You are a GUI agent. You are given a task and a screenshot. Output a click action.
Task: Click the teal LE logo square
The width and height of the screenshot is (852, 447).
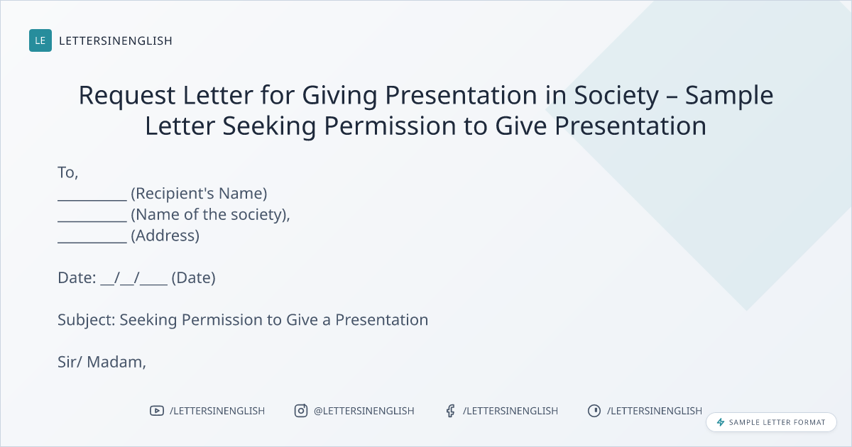coord(40,40)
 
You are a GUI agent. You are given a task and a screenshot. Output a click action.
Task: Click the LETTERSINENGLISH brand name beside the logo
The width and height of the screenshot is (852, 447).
coord(116,40)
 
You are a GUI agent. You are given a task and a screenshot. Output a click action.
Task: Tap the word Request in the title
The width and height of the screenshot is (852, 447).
coord(127,96)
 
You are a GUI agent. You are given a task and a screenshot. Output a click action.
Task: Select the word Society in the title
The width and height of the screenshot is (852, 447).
coord(616,96)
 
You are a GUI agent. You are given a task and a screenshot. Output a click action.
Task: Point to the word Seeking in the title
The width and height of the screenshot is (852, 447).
coord(269,126)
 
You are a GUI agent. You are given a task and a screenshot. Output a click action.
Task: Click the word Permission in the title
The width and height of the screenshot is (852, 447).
coord(390,126)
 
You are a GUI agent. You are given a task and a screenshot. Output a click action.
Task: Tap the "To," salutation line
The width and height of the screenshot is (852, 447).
coord(68,173)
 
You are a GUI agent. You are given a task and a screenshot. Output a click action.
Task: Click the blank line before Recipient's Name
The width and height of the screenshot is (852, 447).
coord(92,200)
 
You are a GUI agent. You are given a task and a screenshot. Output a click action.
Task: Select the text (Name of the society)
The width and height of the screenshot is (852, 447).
coord(209,215)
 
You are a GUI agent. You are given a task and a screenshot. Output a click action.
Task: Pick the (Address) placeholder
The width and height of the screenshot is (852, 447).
coord(165,236)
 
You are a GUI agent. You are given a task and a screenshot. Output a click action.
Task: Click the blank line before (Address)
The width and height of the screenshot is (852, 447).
coord(92,242)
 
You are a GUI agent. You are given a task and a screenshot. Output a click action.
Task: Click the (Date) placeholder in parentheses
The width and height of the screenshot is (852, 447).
coord(194,278)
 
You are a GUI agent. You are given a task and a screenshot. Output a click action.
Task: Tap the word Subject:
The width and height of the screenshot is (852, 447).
coord(87,320)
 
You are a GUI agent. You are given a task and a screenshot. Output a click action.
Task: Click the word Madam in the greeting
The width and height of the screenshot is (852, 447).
coord(116,363)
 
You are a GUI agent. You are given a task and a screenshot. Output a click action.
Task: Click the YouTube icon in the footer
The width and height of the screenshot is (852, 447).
coord(157,411)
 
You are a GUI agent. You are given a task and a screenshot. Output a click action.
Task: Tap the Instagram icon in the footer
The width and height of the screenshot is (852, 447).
coord(301,411)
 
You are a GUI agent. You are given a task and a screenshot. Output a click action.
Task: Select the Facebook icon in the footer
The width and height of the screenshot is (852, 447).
coord(451,411)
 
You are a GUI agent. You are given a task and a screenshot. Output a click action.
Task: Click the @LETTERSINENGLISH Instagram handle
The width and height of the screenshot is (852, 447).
coord(364,411)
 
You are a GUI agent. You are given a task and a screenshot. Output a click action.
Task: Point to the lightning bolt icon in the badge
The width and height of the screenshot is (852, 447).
coord(721,422)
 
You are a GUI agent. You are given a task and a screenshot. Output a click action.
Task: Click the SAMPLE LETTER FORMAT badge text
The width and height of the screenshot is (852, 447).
coord(777,422)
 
